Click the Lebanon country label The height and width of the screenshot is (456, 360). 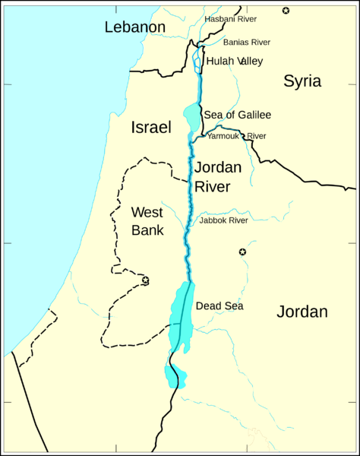pyautogui.click(x=134, y=27)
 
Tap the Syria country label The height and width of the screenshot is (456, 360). pyautogui.click(x=302, y=81)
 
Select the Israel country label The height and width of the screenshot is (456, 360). pyautogui.click(x=151, y=127)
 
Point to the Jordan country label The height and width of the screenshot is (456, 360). pyautogui.click(x=302, y=312)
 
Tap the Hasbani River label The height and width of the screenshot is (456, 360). pyautogui.click(x=230, y=18)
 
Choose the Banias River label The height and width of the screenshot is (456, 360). pyautogui.click(x=246, y=43)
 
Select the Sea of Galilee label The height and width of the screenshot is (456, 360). pyautogui.click(x=237, y=115)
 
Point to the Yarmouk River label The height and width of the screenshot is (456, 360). pyautogui.click(x=236, y=136)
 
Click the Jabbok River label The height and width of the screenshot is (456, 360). pyautogui.click(x=223, y=220)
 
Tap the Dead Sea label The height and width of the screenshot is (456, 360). pyautogui.click(x=219, y=306)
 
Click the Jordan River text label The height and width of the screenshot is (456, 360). pyautogui.click(x=217, y=176)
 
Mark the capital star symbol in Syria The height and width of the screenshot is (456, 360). pyautogui.click(x=286, y=10)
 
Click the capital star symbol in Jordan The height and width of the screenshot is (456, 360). pyautogui.click(x=242, y=252)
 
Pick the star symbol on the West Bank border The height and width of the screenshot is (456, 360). pyautogui.click(x=145, y=280)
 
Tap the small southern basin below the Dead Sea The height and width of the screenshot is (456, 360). pyautogui.click(x=175, y=375)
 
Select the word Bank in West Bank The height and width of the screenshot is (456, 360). pyautogui.click(x=147, y=229)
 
